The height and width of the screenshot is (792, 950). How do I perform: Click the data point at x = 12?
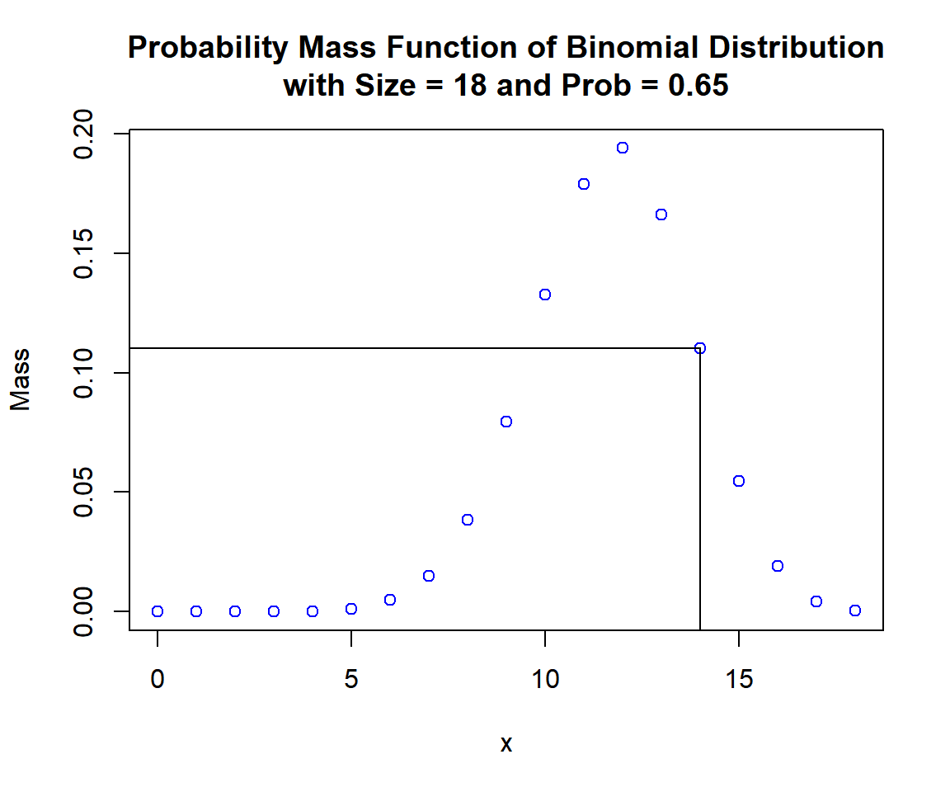tap(623, 148)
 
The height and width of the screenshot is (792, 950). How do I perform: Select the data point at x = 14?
tap(700, 348)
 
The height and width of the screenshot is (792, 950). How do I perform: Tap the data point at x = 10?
tap(545, 295)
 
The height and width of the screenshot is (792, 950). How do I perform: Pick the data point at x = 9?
tap(506, 422)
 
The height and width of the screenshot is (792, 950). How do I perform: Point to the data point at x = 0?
tap(158, 611)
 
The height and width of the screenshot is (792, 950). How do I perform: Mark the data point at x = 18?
tap(855, 610)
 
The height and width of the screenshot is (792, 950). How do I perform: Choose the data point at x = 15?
tap(739, 481)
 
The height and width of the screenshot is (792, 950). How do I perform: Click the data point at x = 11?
tap(584, 184)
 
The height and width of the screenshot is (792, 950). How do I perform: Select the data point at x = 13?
tap(661, 214)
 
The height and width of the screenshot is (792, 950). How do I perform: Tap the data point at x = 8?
tap(468, 520)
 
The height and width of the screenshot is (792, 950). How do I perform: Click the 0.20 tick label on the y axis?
tap(85, 134)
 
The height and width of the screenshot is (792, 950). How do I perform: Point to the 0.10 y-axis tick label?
tap(85, 373)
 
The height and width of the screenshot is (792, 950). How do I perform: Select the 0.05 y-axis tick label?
tap(85, 493)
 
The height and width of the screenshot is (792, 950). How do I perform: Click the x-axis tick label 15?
tap(739, 681)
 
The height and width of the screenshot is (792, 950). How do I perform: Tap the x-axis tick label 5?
tap(351, 681)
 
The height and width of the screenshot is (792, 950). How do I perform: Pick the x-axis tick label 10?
tap(545, 681)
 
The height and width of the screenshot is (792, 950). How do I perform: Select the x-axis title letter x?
tap(506, 744)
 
